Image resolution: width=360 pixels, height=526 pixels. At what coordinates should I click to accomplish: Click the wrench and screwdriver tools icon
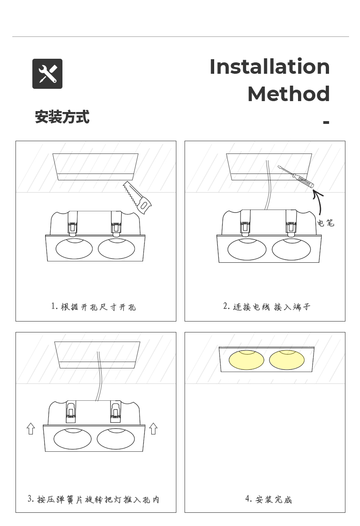coord(47,74)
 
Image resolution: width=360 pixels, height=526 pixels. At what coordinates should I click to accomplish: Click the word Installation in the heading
coord(269,66)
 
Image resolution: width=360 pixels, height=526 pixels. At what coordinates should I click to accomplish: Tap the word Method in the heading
coord(288,94)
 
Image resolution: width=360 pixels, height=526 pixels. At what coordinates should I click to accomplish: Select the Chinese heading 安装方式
coord(62,117)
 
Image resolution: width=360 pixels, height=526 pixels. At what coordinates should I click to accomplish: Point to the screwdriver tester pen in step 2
coord(296,176)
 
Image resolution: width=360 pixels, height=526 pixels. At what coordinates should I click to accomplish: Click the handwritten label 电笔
coord(325,223)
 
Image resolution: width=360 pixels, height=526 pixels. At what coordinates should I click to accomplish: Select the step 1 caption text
coord(93,306)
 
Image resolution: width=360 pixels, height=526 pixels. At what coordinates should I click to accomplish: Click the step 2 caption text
coord(267,306)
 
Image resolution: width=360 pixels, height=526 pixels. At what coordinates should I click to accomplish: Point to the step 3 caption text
coord(93,499)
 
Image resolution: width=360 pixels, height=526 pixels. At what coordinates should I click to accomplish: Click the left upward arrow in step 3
coord(31,429)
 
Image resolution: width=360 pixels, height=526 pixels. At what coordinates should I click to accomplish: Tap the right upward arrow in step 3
coord(154,429)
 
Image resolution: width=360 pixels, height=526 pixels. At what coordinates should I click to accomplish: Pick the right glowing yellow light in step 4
coord(287,360)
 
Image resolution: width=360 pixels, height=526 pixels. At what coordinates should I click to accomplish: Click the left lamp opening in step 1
coord(74,249)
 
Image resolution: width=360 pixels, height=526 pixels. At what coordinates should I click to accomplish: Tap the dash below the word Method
coord(326,122)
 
